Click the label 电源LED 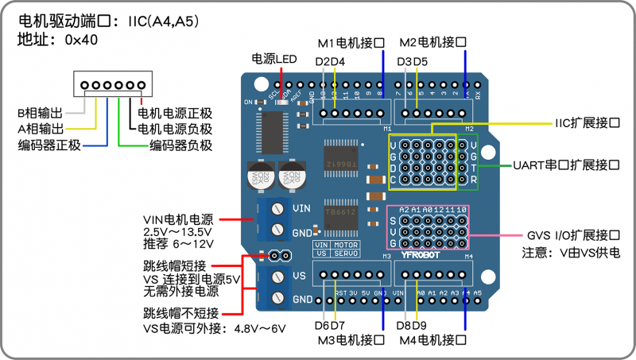coord(273,59)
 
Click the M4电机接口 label coord(431,340)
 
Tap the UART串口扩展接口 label coord(566,165)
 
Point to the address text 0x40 coord(81,39)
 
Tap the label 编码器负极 coord(180,145)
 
